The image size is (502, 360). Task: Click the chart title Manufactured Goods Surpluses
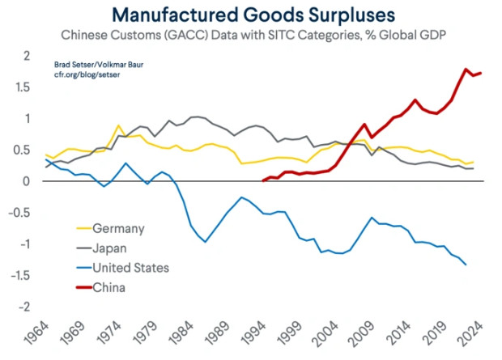click(250, 14)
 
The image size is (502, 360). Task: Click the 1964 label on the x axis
click(36, 332)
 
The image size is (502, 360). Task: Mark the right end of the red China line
click(481, 73)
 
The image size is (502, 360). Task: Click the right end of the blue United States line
click(466, 265)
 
